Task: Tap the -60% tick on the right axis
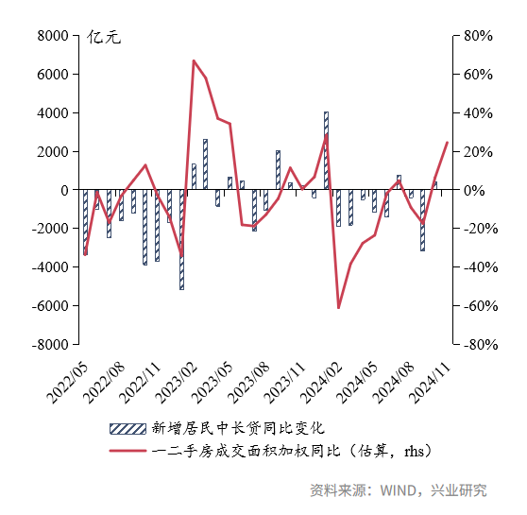pyautogui.click(x=474, y=306)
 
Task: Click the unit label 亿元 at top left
pyautogui.click(x=104, y=39)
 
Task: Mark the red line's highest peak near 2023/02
pyautogui.click(x=194, y=60)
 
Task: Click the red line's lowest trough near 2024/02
pyautogui.click(x=338, y=307)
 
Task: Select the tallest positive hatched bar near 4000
pyautogui.click(x=326, y=151)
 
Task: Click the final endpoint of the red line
pyautogui.click(x=447, y=143)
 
